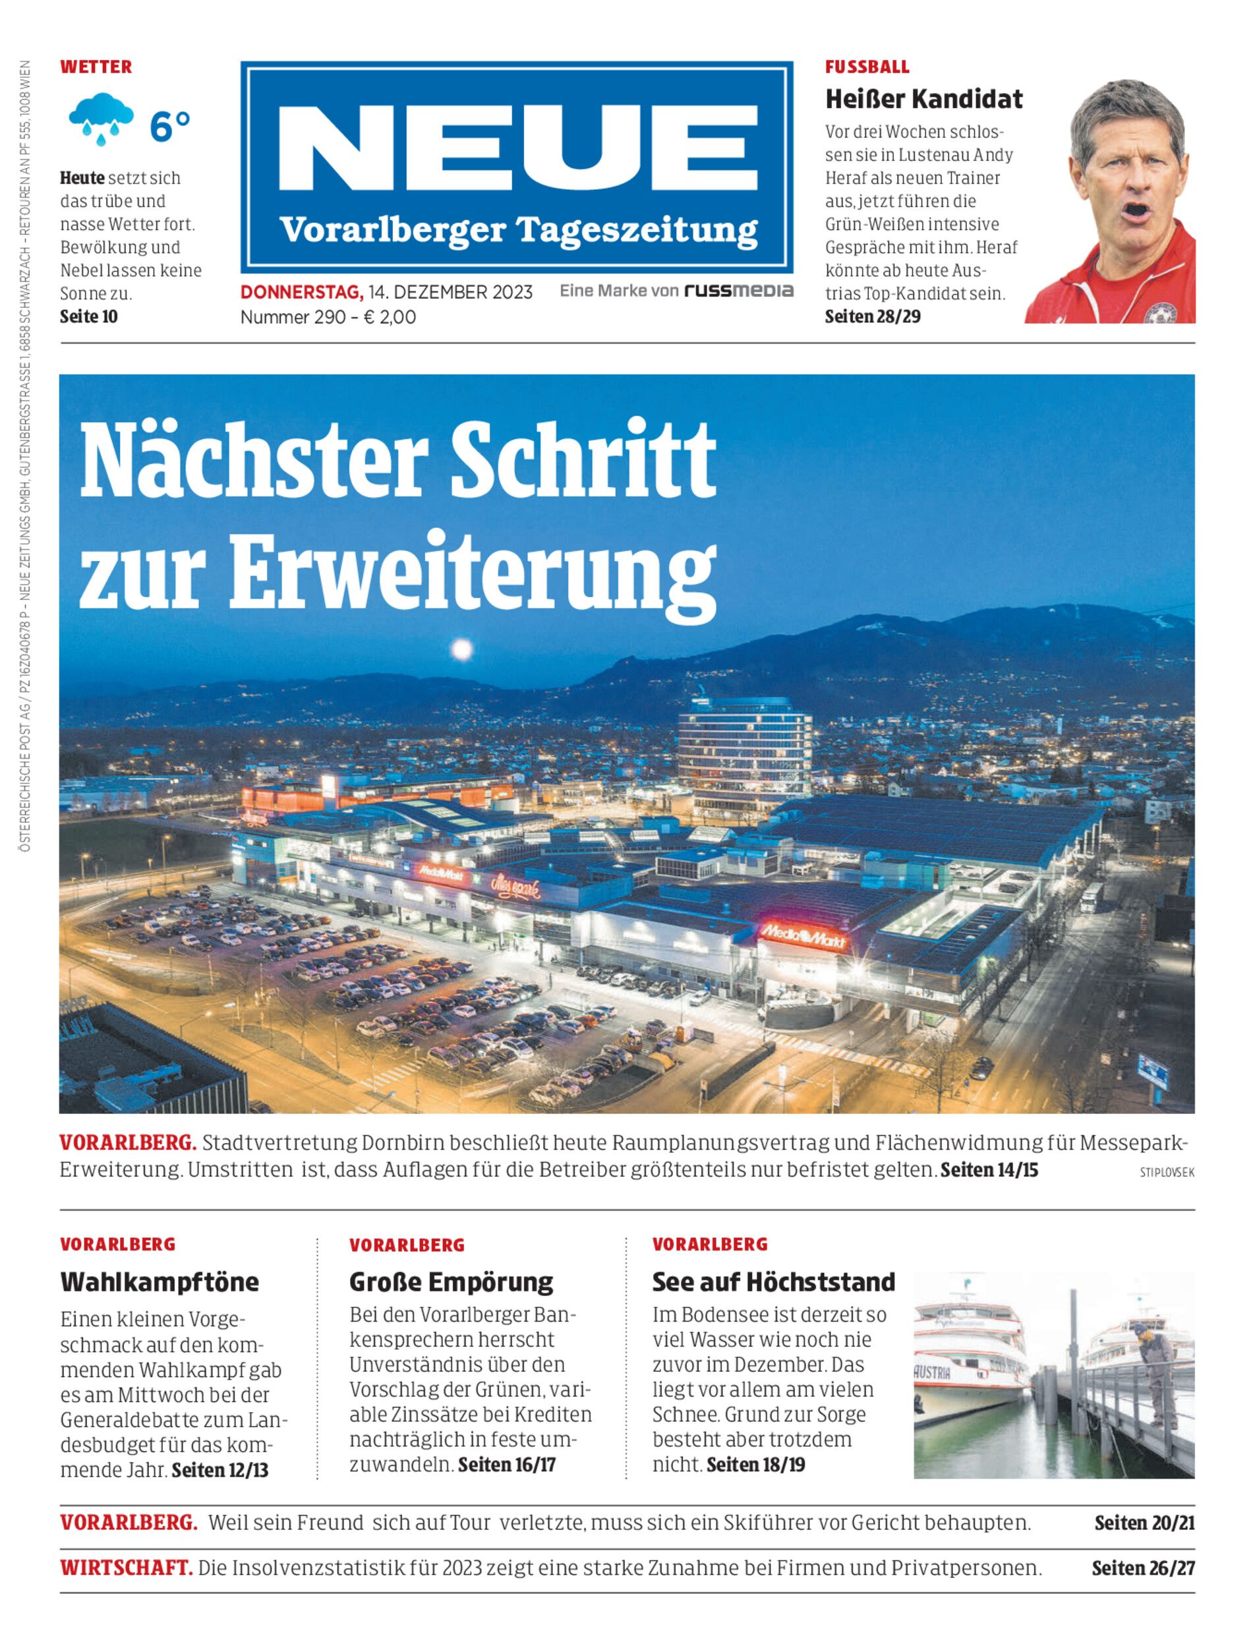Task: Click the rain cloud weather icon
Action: [x=101, y=119]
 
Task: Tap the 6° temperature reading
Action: [x=170, y=127]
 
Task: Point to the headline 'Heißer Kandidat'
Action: [x=923, y=99]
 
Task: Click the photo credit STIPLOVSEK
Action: [x=1167, y=1172]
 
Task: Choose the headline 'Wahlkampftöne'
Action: [x=159, y=1282]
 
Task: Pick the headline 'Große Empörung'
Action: [x=452, y=1282]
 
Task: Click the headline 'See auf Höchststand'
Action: [x=773, y=1282]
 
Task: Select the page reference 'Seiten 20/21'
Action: [x=1144, y=1523]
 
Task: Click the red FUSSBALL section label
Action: [x=867, y=67]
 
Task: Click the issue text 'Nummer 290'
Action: [x=292, y=317]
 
